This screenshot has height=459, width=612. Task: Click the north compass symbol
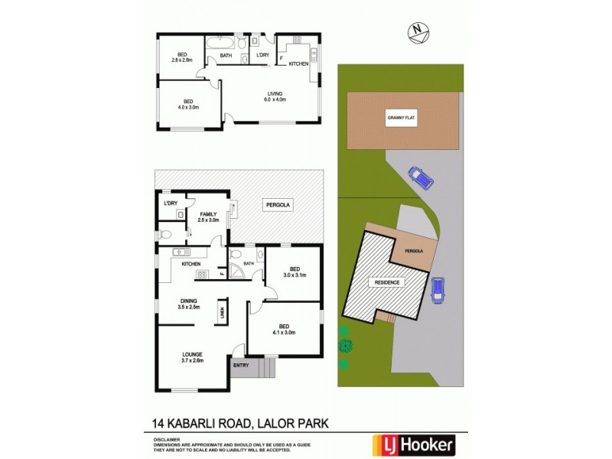(417, 31)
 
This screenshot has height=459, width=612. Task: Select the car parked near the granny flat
(419, 177)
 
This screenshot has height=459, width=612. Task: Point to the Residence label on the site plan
(387, 282)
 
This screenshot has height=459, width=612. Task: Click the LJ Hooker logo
(413, 444)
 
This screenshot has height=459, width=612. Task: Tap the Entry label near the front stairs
(243, 366)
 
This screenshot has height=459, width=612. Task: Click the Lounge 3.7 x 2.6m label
(192, 357)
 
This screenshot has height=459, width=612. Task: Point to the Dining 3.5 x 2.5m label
(189, 304)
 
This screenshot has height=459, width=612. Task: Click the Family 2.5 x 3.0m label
(208, 216)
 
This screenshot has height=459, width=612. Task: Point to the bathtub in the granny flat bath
(226, 44)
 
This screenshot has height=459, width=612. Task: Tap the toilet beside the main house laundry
(166, 234)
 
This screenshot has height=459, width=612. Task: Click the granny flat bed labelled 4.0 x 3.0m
(187, 104)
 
